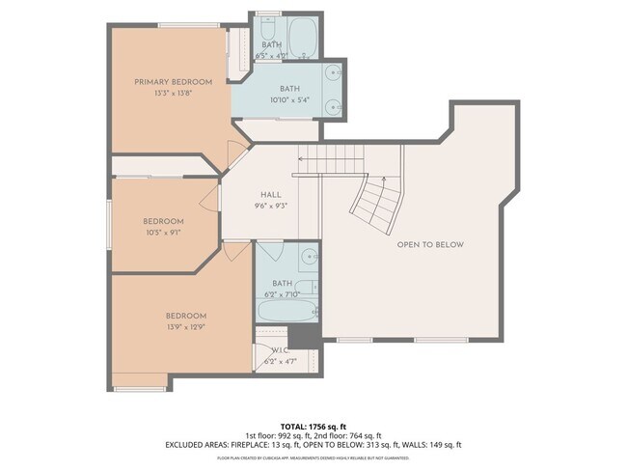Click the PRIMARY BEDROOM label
(173, 82)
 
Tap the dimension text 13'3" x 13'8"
(173, 95)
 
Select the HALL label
(270, 193)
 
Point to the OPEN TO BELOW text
(430, 245)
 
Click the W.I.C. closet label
(280, 349)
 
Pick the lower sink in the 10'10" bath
(333, 106)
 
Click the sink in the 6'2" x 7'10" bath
(308, 258)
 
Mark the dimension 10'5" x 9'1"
(162, 233)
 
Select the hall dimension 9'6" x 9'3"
(270, 206)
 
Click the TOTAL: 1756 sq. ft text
(313, 426)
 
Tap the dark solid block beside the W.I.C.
(306, 335)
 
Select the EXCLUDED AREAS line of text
(313, 445)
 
